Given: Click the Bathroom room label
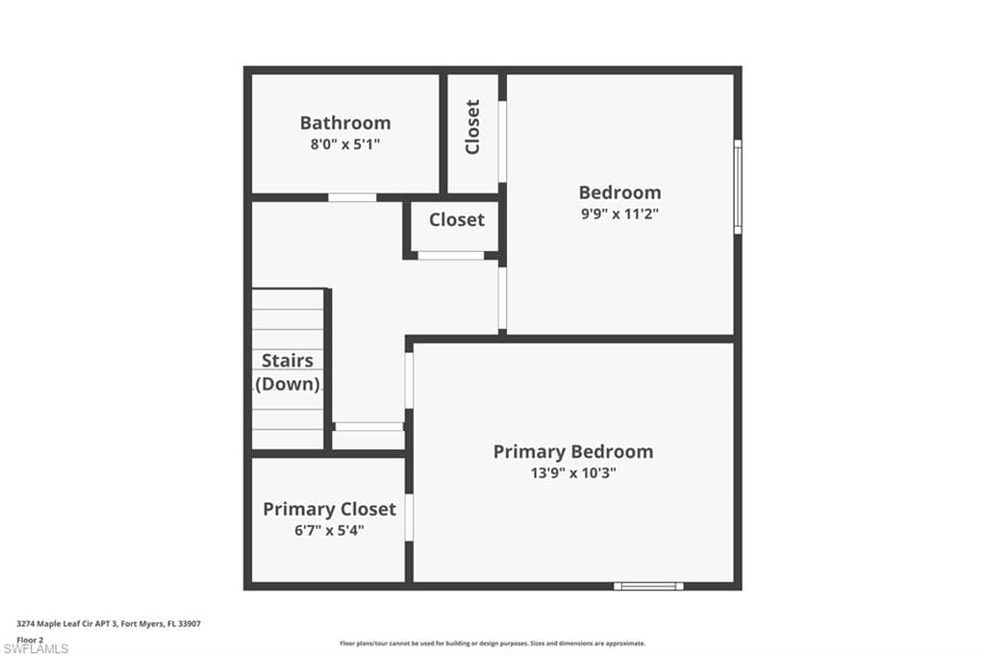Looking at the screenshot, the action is point(345,122).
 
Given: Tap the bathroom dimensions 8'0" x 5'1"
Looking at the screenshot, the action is point(345,144).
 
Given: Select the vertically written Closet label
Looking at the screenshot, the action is point(472,127).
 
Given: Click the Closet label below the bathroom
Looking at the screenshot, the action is point(457,220).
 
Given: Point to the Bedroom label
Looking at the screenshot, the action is point(619,192).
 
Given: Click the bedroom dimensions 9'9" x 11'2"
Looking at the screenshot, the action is point(619,214).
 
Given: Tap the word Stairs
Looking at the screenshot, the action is point(287,361).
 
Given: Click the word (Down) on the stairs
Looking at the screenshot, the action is point(287,384).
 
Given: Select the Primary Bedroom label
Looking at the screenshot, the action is point(573,452).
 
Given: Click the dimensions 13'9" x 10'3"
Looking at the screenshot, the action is point(573,473).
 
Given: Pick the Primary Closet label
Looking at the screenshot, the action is point(329,509).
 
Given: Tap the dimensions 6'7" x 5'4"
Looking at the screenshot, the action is point(329,530).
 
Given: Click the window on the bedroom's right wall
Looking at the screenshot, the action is point(738,187).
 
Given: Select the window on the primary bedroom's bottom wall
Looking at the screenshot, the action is point(648,586).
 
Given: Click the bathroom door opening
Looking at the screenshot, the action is point(352,197).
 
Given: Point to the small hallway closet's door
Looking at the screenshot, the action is point(451,255).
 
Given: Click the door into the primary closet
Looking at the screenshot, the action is point(409,517).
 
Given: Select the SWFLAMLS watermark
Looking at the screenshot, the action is point(36,649).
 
